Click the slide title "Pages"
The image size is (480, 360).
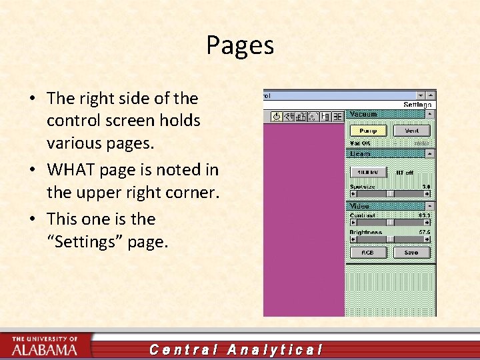point(240,45)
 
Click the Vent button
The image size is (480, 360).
point(411,131)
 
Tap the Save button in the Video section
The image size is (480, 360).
point(411,253)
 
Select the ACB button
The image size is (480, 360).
point(368,253)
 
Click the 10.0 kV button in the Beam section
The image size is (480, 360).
point(368,172)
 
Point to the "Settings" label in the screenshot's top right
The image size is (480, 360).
point(418,105)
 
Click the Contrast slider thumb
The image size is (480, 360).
point(389,223)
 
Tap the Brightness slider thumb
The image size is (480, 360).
point(389,239)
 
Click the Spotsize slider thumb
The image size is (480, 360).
point(389,193)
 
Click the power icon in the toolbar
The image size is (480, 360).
point(277,117)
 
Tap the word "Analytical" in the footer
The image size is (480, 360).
point(275,349)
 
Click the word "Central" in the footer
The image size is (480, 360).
point(184,349)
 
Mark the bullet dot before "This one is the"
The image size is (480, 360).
point(33,220)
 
